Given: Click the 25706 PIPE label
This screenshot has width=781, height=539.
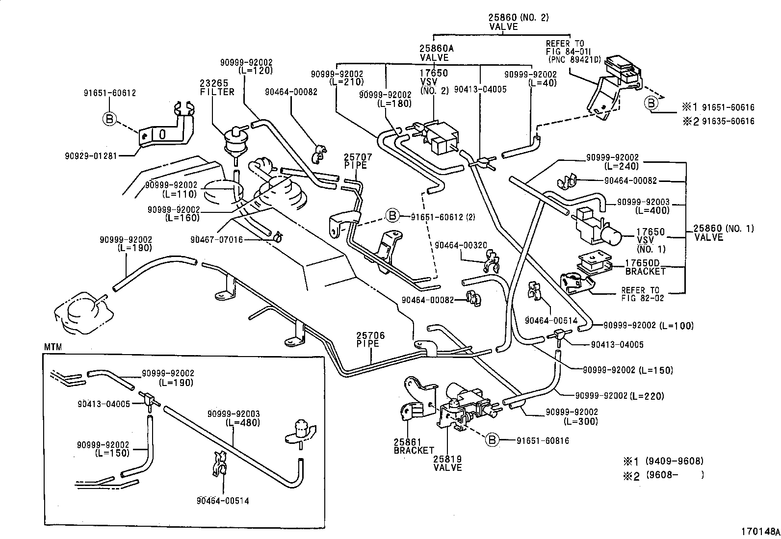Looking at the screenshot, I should click(370, 339).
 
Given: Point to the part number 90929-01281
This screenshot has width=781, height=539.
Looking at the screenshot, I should click(91, 156).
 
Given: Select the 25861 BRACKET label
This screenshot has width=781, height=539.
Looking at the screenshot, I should click(414, 446).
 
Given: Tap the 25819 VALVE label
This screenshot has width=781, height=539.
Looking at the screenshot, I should click(447, 463).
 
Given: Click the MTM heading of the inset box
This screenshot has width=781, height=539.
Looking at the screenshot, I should click(53, 347).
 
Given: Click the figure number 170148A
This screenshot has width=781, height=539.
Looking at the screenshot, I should click(760, 531).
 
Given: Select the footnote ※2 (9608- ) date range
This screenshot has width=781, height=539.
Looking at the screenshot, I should click(663, 475).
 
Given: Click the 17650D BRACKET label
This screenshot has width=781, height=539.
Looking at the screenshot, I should click(645, 267).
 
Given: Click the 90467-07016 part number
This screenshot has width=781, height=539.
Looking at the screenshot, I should click(216, 240).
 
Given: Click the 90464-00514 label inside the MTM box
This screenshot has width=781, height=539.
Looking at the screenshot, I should click(223, 501).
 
